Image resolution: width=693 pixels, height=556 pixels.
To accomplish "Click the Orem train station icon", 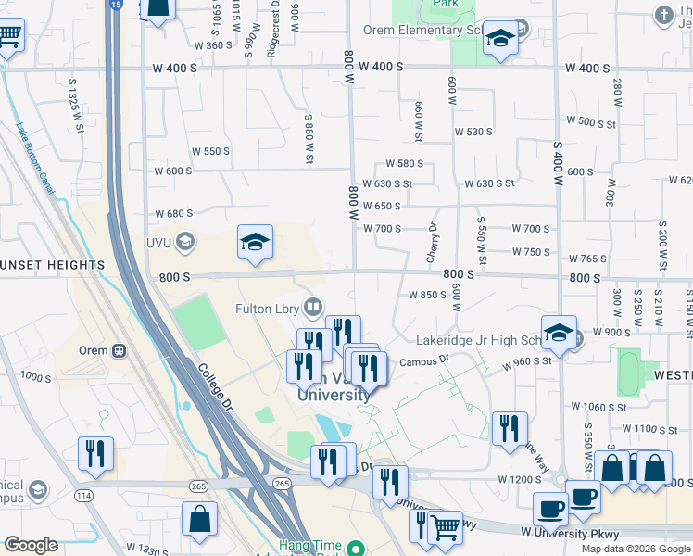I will (119, 350).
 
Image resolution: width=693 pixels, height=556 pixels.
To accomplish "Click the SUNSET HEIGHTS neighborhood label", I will (52, 265).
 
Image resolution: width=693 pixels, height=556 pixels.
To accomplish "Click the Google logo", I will (31, 545).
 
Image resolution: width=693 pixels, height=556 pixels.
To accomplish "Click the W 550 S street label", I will (210, 151).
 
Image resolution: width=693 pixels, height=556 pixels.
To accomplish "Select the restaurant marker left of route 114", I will (95, 455).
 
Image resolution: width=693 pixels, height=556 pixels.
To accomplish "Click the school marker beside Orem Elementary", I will (500, 40).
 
